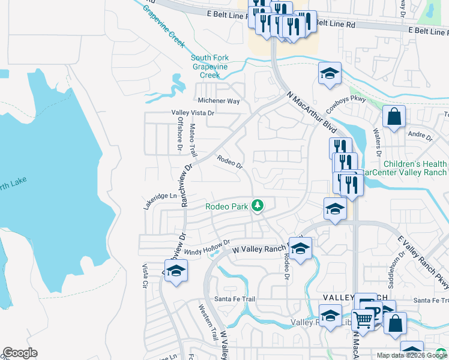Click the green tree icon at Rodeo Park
[258, 206]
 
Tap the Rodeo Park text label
[227, 206]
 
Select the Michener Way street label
[219, 101]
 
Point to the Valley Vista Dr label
[193, 112]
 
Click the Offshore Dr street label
[179, 133]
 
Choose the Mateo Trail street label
[193, 140]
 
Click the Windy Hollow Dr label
[207, 248]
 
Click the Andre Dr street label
[420, 136]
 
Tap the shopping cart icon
[362, 319]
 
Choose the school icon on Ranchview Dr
[176, 271]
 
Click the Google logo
[20, 353]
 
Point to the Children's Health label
[415, 164]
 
